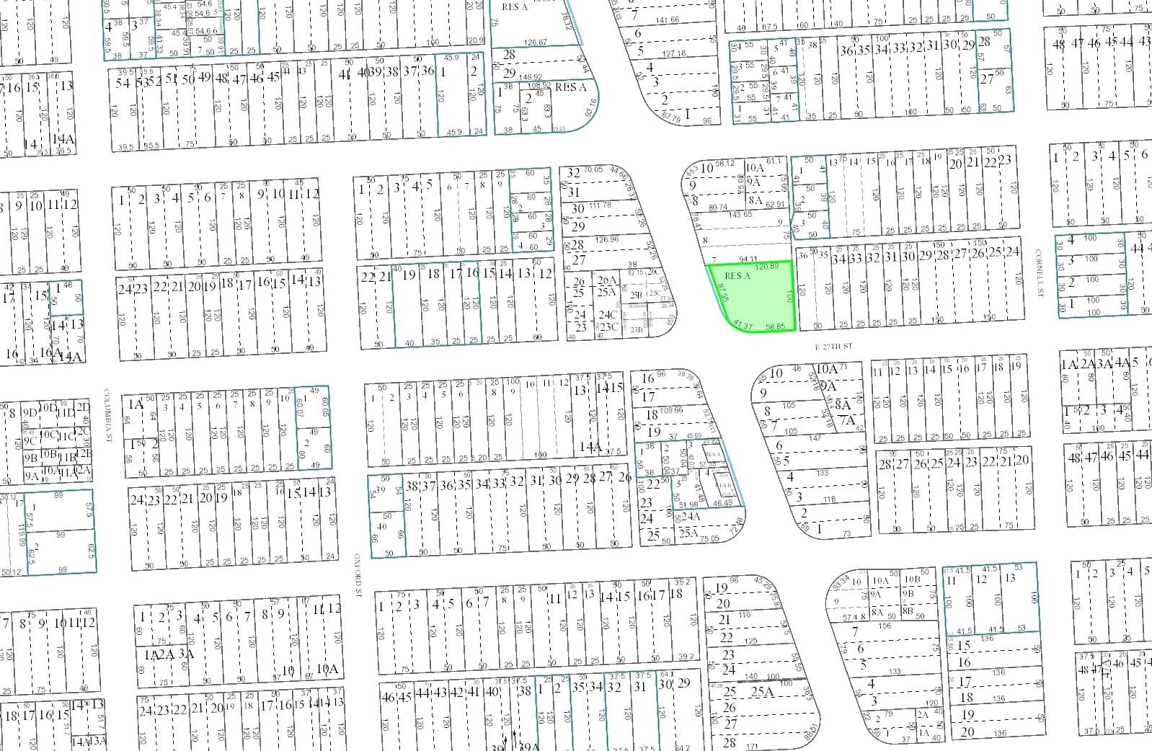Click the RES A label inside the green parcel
pyautogui.click(x=737, y=276)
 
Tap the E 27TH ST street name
pyautogui.click(x=833, y=347)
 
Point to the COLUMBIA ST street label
pyautogui.click(x=107, y=415)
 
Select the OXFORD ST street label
pyautogui.click(x=357, y=576)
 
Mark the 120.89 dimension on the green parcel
pyautogui.click(x=767, y=267)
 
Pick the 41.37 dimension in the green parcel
pyautogui.click(x=743, y=326)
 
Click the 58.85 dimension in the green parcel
pyautogui.click(x=776, y=327)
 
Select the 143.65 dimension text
pyautogui.click(x=740, y=215)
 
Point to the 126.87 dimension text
pyautogui.click(x=535, y=43)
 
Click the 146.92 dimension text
pyautogui.click(x=530, y=77)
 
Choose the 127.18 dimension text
pyautogui.click(x=674, y=53)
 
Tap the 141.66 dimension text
pyautogui.click(x=668, y=20)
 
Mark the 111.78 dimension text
pyautogui.click(x=600, y=205)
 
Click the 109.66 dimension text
pyautogui.click(x=671, y=410)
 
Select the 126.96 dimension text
pyautogui.click(x=607, y=240)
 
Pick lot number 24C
pyautogui.click(x=608, y=314)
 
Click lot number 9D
pyautogui.click(x=30, y=413)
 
